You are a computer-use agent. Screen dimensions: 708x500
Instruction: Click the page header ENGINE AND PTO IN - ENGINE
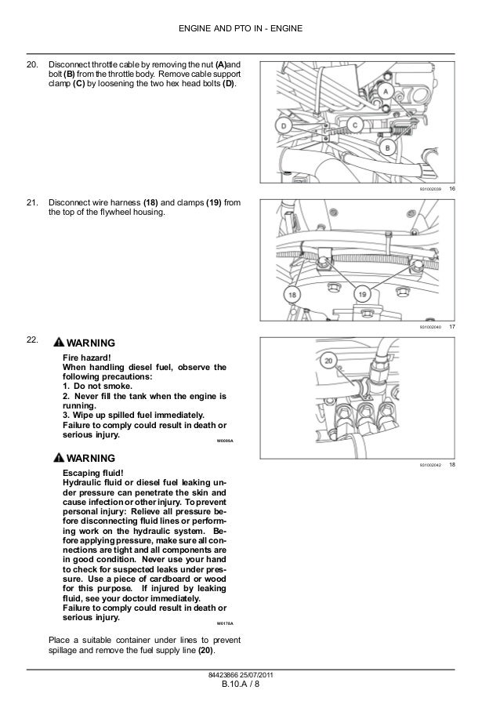click(x=250, y=30)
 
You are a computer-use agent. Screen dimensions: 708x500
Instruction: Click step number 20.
click(x=32, y=63)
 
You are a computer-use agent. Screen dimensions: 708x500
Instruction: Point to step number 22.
click(x=32, y=339)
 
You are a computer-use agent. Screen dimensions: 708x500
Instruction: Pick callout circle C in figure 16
click(x=354, y=124)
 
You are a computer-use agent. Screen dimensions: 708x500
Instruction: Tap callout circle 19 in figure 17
click(x=363, y=293)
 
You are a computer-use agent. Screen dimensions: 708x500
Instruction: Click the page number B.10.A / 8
click(x=250, y=690)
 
